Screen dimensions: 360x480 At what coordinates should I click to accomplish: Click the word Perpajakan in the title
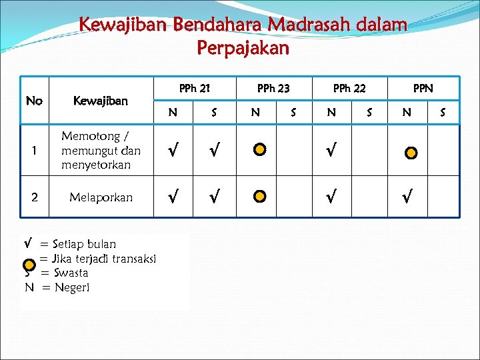tap(243, 49)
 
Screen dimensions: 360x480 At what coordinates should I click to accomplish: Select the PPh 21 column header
tap(195, 87)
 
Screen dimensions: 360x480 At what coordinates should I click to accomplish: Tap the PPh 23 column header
tap(273, 87)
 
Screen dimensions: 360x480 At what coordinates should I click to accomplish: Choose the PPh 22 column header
tap(349, 87)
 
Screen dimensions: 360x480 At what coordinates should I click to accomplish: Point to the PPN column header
tap(423, 87)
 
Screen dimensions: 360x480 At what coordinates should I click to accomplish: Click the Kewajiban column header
tap(101, 101)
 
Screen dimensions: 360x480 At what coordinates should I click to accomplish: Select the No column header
tap(34, 101)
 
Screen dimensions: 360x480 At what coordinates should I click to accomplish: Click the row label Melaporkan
tap(101, 197)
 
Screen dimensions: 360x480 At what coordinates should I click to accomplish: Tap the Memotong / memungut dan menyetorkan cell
tap(101, 150)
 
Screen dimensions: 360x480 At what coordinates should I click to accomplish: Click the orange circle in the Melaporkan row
tap(260, 197)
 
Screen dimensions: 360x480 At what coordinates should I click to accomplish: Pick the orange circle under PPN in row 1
tap(411, 153)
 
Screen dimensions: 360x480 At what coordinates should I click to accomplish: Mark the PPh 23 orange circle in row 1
tap(260, 150)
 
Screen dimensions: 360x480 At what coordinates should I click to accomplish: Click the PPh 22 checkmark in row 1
tap(331, 151)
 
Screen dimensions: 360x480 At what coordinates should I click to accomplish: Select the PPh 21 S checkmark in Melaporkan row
tap(213, 197)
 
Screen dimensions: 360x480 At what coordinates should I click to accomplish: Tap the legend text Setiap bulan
tap(84, 244)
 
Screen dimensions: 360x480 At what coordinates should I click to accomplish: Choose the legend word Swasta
tap(70, 273)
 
